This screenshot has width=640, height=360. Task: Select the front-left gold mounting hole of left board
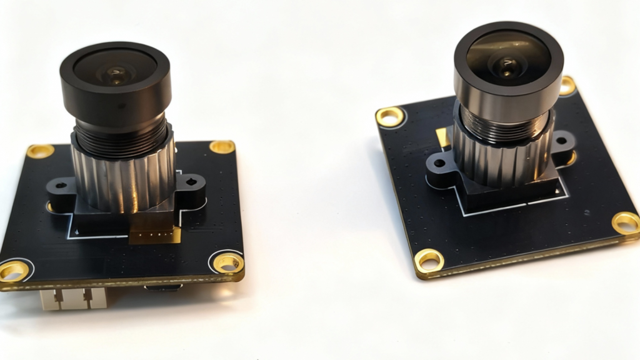(13, 271)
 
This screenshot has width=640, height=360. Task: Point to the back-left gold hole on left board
(39, 151)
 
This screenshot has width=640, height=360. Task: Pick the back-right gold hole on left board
(222, 147)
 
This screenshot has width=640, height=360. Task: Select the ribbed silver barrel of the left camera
(122, 178)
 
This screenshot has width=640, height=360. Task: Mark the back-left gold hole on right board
(390, 116)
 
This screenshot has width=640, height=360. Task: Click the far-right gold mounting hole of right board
(626, 222)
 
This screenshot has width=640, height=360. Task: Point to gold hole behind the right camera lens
(567, 85)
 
